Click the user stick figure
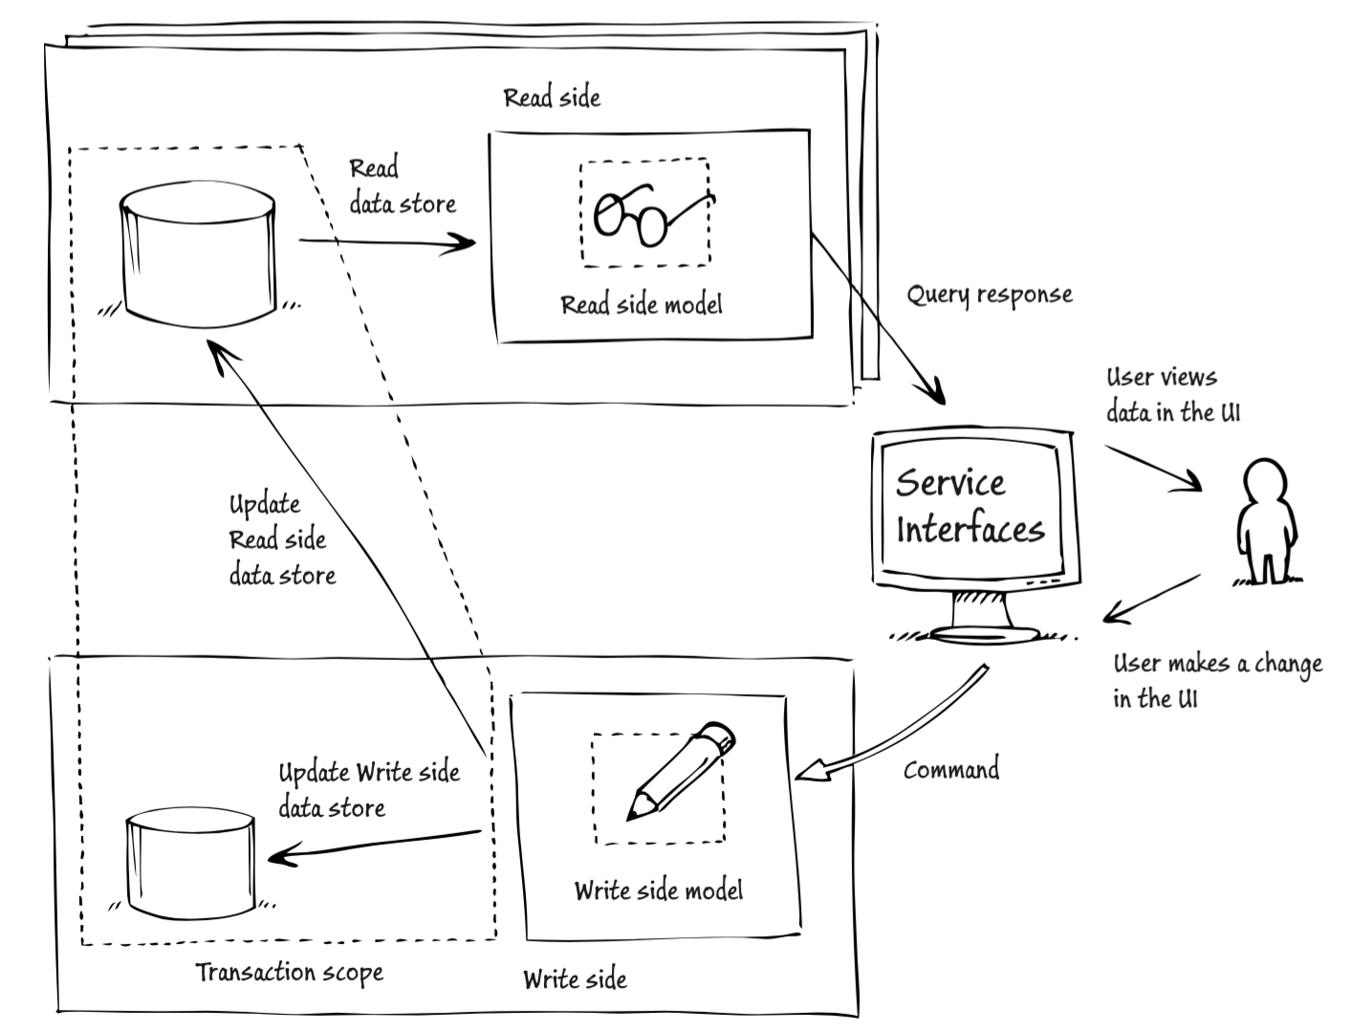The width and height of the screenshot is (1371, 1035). pyautogui.click(x=1266, y=522)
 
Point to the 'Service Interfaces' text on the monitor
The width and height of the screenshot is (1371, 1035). pyautogui.click(x=968, y=506)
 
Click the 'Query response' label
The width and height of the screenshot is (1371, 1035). pyautogui.click(x=989, y=294)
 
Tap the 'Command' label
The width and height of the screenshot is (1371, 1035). pyautogui.click(x=951, y=769)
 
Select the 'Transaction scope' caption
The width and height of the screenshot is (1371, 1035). pyautogui.click(x=290, y=973)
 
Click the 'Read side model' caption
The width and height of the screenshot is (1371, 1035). pyautogui.click(x=641, y=305)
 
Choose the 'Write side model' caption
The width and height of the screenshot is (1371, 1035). pyautogui.click(x=658, y=891)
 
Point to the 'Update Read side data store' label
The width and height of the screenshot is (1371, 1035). pyautogui.click(x=281, y=540)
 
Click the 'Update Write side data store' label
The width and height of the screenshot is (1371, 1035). pyautogui.click(x=368, y=789)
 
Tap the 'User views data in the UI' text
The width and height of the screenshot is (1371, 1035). pyautogui.click(x=1172, y=394)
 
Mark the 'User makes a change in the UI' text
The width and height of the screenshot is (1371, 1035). pyautogui.click(x=1216, y=680)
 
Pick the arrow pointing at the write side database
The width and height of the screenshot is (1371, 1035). pyautogui.click(x=373, y=846)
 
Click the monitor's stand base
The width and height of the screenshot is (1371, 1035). pyautogui.click(x=983, y=634)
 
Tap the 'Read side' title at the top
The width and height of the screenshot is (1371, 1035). pyautogui.click(x=552, y=98)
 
